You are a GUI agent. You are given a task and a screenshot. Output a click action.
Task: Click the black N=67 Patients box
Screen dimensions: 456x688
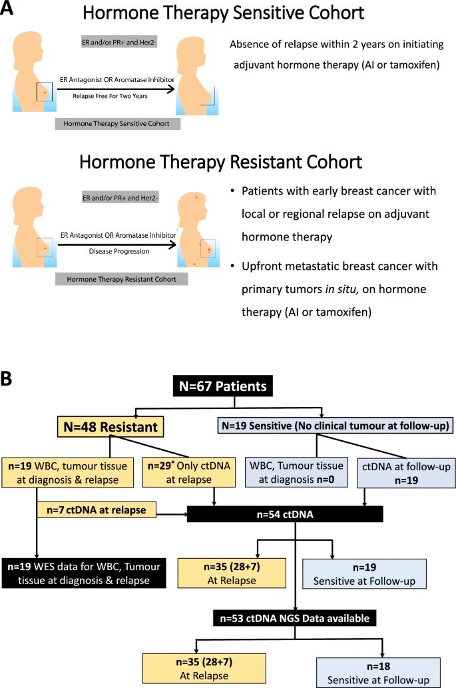point(223,386)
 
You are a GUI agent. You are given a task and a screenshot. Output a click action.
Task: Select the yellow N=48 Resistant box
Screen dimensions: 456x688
point(111,426)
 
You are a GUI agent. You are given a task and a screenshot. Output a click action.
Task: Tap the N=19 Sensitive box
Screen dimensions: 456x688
point(336,426)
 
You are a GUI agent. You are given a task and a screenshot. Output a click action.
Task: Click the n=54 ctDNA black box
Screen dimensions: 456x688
point(285,514)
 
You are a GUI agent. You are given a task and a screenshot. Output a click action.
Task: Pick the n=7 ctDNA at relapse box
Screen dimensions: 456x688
point(97,510)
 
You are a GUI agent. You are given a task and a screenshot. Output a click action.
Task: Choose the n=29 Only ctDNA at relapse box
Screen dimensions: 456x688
point(189,472)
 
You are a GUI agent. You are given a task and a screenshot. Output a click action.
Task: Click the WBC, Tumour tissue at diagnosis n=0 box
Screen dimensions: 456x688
point(296,472)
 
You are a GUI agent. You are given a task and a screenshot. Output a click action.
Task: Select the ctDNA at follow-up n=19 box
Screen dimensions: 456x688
point(407,473)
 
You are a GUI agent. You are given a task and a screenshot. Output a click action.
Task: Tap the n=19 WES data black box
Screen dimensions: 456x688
point(84,573)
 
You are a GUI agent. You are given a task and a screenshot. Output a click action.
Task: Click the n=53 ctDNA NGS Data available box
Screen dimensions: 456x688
point(295,618)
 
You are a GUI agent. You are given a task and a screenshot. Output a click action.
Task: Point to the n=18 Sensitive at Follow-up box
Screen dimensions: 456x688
point(378,673)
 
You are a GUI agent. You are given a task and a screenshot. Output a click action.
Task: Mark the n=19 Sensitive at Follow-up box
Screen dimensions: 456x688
point(364,573)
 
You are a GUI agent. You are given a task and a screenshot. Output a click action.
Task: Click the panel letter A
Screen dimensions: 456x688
point(7,7)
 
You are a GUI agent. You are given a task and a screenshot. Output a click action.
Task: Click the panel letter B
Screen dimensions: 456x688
point(6,378)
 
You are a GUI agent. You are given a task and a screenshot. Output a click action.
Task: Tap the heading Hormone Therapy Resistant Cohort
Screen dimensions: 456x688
point(220,162)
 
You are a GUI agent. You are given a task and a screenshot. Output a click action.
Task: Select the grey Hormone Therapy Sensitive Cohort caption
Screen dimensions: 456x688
point(118,124)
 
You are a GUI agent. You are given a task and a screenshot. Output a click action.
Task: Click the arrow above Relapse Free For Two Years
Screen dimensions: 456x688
point(116,89)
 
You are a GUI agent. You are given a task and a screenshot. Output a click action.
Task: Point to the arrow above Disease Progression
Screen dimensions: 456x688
point(117,244)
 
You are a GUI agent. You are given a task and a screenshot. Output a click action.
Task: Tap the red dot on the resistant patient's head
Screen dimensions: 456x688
point(196,197)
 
